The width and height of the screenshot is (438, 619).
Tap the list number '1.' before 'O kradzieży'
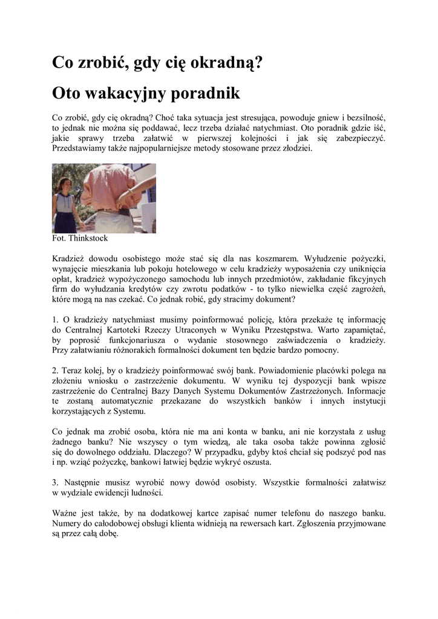coord(56,319)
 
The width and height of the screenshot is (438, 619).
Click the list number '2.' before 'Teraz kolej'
coord(56,370)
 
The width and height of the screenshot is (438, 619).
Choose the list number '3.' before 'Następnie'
coord(56,482)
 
